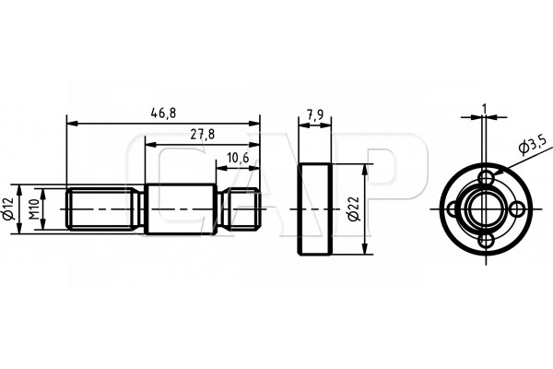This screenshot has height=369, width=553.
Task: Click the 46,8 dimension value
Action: tap(163, 113)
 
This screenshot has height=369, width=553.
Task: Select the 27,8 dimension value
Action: tap(203, 135)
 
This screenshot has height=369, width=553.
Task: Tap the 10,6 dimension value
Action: tap(238, 158)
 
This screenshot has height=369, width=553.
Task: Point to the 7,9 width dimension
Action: tap(314, 115)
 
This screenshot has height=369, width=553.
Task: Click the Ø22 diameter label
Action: tap(354, 209)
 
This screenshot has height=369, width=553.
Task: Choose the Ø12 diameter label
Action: tap(8, 209)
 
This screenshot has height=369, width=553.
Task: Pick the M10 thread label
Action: tap(33, 209)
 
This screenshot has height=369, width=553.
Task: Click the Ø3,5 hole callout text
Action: tap(533, 145)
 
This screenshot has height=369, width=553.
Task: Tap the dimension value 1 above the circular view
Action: tap(484, 109)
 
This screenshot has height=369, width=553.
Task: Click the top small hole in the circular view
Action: tap(487, 177)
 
